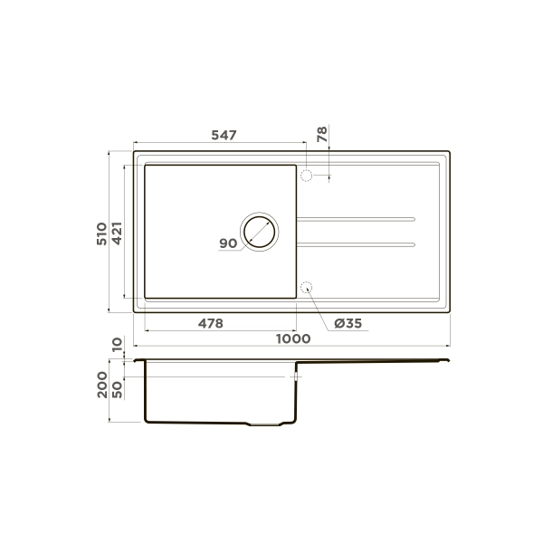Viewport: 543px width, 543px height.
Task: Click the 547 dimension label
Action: coord(224,135)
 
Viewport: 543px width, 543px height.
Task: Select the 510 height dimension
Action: coord(102,233)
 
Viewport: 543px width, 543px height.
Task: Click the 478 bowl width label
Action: coord(210,323)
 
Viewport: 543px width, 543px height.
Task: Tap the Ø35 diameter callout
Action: coord(348,323)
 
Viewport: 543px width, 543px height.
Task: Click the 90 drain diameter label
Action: coord(227,243)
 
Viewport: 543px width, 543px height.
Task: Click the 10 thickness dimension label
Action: coord(117,346)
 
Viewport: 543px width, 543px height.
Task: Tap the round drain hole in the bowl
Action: coord(260,233)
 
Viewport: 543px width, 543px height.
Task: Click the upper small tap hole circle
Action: coord(306,176)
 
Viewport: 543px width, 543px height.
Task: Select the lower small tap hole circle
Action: coord(306,288)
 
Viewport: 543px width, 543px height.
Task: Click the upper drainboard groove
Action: coord(356,219)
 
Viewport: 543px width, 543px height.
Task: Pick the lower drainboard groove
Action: coord(356,243)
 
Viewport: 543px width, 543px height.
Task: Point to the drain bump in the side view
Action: coord(269,424)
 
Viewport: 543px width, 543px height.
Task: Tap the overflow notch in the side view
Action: coord(295,376)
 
